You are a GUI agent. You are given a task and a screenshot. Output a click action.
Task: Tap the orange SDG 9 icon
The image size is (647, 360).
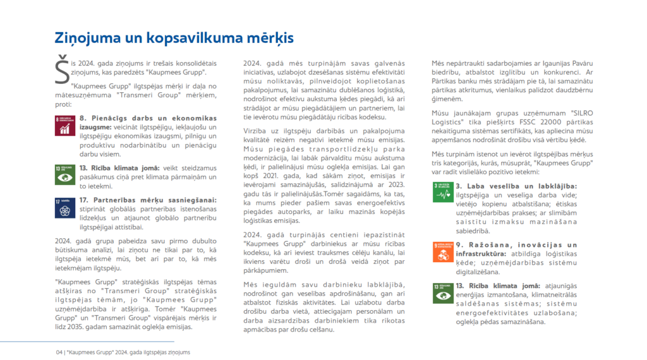click(x=442, y=251)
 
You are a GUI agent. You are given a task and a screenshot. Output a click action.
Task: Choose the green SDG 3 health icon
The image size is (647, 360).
click(x=442, y=192)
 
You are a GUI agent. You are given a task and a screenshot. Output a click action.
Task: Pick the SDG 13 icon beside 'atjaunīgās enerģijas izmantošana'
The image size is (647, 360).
click(x=442, y=292)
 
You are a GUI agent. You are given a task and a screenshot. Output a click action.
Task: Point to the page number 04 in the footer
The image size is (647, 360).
click(x=59, y=352)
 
